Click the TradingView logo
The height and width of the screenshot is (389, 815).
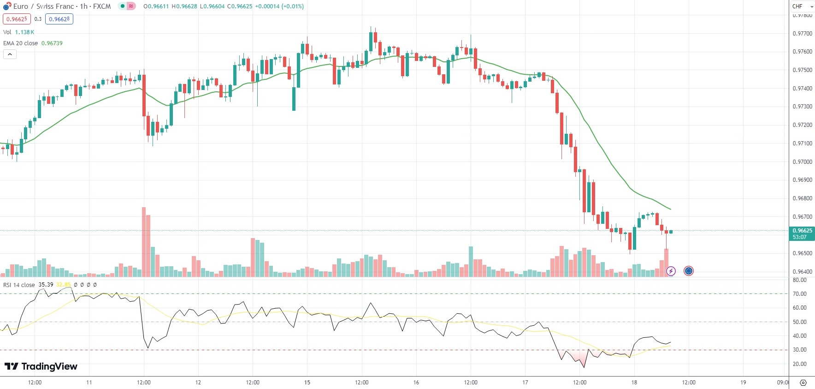(41, 366)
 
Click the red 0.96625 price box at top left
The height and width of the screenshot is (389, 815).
(17, 19)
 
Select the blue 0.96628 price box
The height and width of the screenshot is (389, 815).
(59, 19)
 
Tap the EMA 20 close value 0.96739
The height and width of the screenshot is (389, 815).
(52, 43)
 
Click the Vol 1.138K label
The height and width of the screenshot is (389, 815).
(18, 32)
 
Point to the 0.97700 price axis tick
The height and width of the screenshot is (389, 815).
(802, 34)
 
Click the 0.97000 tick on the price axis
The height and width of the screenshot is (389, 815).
(802, 162)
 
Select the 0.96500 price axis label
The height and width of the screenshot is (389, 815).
(802, 253)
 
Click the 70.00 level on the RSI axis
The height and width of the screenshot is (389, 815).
(799, 294)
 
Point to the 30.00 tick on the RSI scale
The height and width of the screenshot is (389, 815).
(799, 350)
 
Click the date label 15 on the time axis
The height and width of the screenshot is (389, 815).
(307, 382)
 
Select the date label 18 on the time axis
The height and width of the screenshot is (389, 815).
(634, 382)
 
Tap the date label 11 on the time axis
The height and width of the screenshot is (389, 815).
(89, 382)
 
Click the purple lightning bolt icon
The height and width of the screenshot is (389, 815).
(671, 271)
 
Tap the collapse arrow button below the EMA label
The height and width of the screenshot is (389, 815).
(10, 54)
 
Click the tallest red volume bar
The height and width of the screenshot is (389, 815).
(144, 242)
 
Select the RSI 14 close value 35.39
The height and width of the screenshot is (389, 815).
(46, 285)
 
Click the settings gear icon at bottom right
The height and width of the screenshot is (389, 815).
(803, 383)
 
